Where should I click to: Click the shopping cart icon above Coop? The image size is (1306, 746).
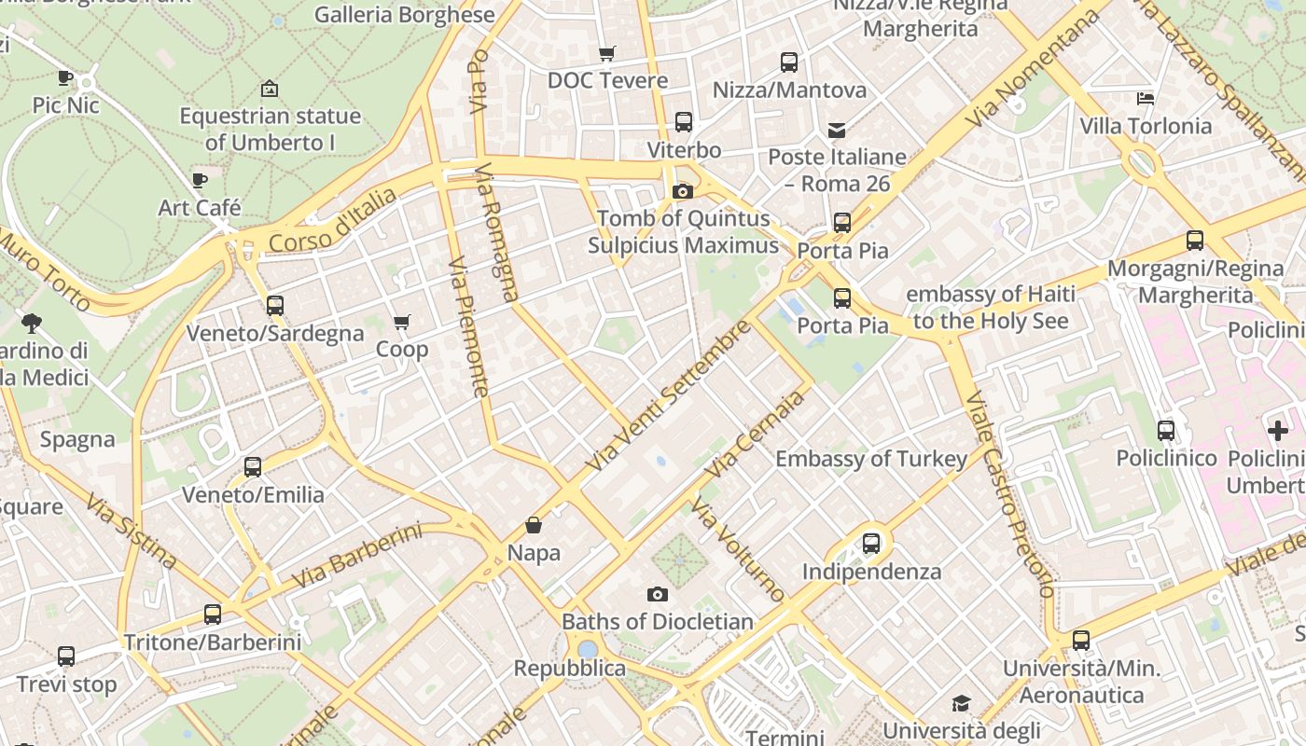[x=401, y=323]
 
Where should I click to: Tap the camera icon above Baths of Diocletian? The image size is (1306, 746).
[x=658, y=594]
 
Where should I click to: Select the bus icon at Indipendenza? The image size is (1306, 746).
[x=871, y=543]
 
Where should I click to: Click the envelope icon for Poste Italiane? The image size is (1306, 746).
[x=837, y=130]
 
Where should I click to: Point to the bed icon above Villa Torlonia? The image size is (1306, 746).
[x=1146, y=98]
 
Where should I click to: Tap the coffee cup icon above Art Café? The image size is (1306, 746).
[x=199, y=180]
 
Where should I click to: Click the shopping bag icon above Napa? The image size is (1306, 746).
[x=534, y=525]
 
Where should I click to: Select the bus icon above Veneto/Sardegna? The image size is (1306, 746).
[x=274, y=305]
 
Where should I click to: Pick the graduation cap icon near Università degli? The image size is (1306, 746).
[x=961, y=703]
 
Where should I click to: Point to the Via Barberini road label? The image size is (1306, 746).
[x=356, y=556]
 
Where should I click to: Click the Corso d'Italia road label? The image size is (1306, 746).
[x=332, y=220]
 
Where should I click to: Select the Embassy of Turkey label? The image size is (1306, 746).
[x=871, y=459]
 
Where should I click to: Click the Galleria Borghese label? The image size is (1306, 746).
[x=404, y=15]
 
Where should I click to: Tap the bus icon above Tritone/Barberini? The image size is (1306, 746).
[x=213, y=615]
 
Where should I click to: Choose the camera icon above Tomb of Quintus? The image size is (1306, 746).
[x=683, y=191]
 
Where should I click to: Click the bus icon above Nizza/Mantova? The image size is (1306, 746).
[x=789, y=62]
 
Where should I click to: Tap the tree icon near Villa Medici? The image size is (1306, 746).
[x=31, y=324]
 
